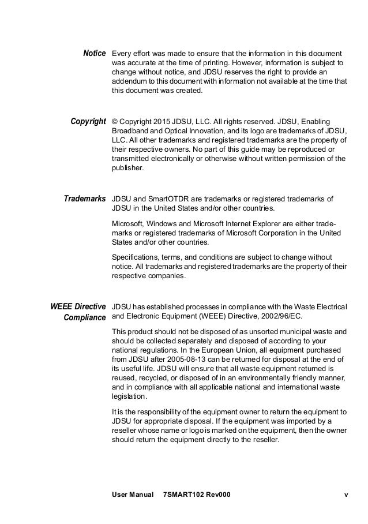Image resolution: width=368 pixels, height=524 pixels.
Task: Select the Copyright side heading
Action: click(x=88, y=122)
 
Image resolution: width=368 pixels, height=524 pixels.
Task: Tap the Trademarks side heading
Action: click(x=85, y=199)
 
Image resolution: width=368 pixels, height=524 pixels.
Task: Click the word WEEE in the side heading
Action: click(x=62, y=306)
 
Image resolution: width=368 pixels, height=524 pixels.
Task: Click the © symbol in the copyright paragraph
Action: click(x=114, y=122)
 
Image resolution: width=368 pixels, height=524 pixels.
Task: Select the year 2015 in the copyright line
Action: click(x=162, y=122)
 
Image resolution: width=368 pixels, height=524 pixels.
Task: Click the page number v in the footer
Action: click(x=346, y=495)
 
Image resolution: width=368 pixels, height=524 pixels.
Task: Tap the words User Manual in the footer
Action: click(x=132, y=495)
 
